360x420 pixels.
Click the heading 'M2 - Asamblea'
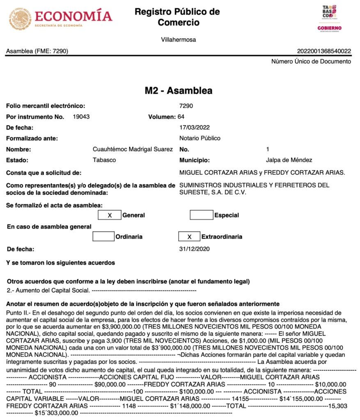point(179,91)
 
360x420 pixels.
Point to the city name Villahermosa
point(179,40)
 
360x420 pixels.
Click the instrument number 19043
point(81,117)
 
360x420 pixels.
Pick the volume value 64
point(181,117)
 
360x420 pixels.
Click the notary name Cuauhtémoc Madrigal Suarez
point(133,149)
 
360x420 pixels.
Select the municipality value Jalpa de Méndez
point(289,160)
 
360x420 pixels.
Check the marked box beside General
point(110,215)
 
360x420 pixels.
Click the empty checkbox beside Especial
point(202,215)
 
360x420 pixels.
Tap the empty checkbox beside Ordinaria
point(103,237)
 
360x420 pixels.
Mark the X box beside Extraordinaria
point(189,237)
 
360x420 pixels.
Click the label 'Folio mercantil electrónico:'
point(46,106)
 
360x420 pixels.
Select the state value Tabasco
point(104,160)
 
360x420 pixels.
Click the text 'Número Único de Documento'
point(311,62)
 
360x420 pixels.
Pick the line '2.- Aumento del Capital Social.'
point(48,290)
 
